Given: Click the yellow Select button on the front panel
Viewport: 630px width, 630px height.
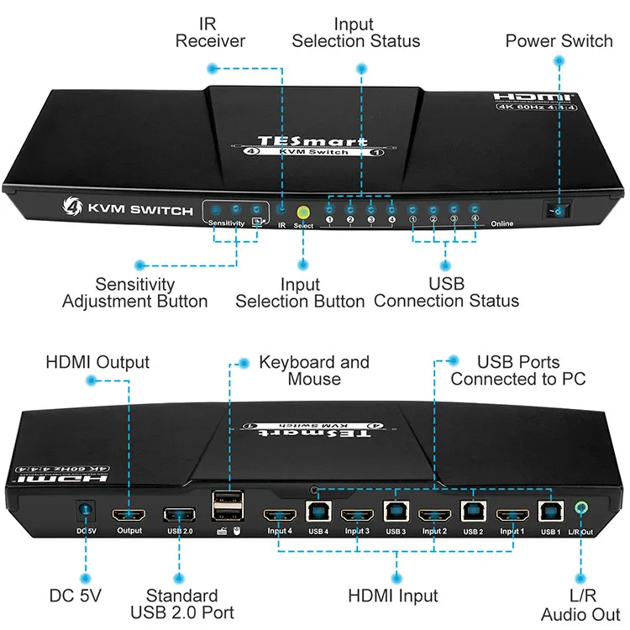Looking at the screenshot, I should coord(304,213).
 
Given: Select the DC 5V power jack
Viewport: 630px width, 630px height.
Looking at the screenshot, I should coord(85,511).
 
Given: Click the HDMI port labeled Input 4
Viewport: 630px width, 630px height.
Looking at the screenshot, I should coord(280,514).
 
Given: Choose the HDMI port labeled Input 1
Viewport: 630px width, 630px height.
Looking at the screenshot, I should coord(512,514).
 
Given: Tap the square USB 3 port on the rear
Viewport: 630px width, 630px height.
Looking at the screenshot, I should coord(395,511).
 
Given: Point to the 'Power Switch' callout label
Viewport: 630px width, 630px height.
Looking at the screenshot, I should coord(559,40).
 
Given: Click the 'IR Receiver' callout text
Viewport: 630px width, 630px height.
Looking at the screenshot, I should coord(210,32).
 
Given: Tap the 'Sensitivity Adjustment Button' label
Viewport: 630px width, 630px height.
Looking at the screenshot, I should coord(134,292).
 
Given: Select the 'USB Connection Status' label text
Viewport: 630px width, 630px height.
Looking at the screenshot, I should coord(446,292).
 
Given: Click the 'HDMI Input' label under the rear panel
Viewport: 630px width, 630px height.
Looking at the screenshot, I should coord(393,596).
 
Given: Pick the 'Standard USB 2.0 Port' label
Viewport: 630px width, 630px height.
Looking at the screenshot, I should coord(181,604).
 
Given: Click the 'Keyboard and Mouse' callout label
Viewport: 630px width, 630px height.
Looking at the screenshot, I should coord(314,370).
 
